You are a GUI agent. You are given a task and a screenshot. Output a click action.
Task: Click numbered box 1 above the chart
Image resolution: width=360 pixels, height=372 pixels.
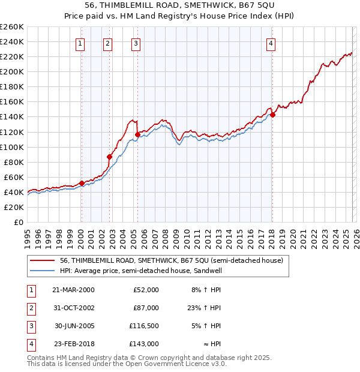(x=80, y=43)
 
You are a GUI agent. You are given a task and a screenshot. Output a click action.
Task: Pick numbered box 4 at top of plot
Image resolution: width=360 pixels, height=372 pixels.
(x=271, y=43)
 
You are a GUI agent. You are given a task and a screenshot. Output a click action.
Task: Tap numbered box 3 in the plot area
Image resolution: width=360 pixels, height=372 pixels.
(x=136, y=43)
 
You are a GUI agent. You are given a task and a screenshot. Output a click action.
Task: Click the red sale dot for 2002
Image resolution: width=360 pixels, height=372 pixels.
(x=110, y=157)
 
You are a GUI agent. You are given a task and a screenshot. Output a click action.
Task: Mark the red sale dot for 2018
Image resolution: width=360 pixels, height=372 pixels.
(x=272, y=115)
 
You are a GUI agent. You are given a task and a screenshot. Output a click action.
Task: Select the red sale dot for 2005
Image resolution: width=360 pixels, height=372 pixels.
(x=138, y=134)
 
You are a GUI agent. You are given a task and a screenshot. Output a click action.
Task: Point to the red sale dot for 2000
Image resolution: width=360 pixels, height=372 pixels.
(x=82, y=183)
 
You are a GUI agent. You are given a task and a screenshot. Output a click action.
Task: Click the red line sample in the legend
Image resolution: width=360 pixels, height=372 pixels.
(x=43, y=260)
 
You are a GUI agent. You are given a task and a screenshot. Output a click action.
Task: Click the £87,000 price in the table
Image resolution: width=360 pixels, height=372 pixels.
(x=146, y=308)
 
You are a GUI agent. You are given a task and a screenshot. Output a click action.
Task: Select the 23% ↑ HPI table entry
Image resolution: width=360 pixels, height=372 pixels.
(x=206, y=308)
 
